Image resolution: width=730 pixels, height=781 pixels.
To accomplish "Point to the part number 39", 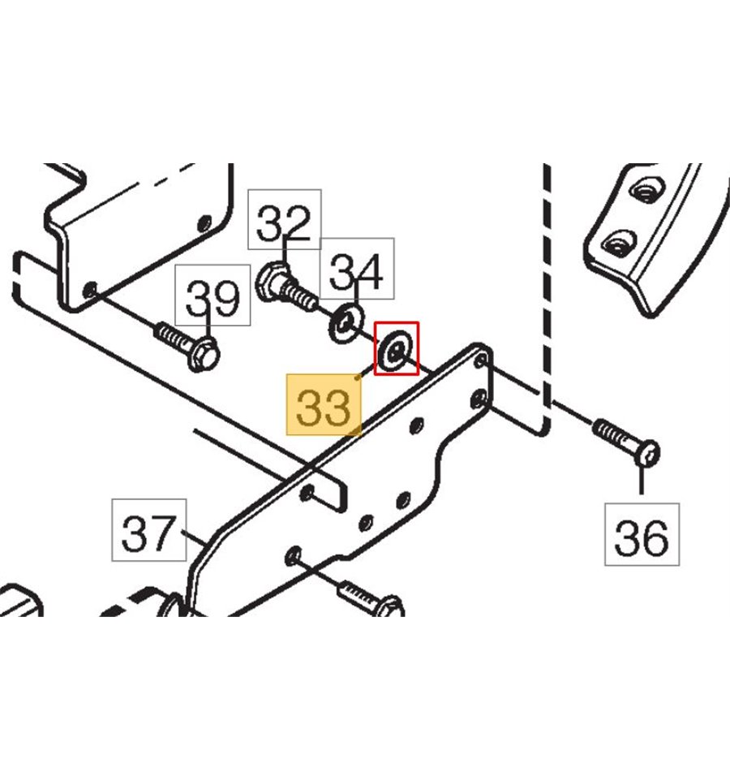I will click(x=213, y=298).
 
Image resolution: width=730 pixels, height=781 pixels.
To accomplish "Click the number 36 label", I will click(x=642, y=535).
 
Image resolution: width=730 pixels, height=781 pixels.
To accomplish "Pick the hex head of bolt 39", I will click(x=203, y=355).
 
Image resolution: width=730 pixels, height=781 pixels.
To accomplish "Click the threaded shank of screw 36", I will click(x=616, y=438).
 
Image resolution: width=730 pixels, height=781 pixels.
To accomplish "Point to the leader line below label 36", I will click(x=642, y=484).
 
